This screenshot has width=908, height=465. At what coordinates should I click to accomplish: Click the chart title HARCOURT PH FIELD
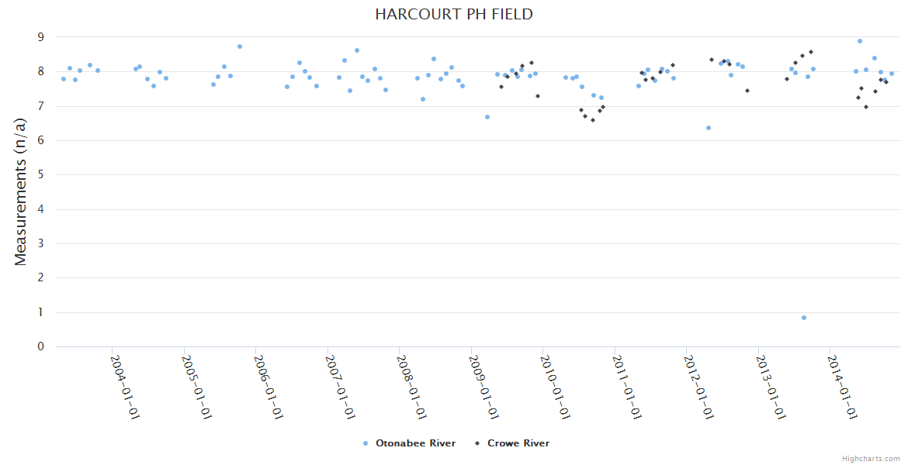(453, 15)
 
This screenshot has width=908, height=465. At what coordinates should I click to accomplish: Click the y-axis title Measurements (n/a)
(21, 192)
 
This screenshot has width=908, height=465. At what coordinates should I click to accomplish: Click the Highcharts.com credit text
(871, 458)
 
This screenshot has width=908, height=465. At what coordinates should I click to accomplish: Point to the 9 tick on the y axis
(41, 37)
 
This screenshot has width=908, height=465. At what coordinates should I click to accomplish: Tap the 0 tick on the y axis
(41, 346)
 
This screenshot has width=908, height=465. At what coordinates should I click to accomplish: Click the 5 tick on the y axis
(41, 175)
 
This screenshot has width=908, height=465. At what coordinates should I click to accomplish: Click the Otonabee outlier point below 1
(804, 318)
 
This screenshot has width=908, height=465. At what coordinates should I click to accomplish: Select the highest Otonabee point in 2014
(860, 41)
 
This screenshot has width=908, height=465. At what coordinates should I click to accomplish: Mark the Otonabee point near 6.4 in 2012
(709, 128)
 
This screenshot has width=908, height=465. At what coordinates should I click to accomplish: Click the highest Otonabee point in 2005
(240, 46)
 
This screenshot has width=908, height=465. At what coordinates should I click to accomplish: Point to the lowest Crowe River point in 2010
(593, 120)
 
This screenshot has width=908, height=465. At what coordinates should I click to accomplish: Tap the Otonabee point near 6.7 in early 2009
(487, 117)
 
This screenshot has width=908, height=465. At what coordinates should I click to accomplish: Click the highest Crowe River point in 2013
(811, 52)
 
